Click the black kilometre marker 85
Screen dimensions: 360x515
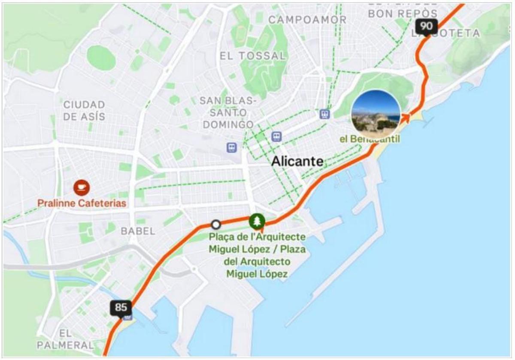point(121,308)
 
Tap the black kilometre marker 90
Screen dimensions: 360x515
point(426,27)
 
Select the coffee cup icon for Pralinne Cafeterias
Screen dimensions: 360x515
point(82,188)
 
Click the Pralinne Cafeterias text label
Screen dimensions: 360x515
point(82,203)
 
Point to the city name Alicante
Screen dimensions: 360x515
point(297,161)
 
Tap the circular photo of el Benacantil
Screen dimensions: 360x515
point(376,114)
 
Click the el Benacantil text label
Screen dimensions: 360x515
point(370,139)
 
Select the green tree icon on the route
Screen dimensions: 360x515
point(257,221)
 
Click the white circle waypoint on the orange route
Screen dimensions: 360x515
point(216,224)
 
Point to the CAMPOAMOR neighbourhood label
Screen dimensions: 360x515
point(307,20)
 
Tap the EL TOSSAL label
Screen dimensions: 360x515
point(252,56)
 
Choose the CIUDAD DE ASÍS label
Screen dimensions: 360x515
point(84,110)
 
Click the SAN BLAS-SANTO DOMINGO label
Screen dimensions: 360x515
point(228,112)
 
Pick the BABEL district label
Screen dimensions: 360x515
point(138,231)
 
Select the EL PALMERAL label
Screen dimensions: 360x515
point(65,339)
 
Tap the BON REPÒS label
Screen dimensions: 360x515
point(403,13)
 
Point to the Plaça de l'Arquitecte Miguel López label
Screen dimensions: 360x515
point(257,255)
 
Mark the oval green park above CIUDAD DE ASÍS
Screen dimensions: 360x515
point(101,58)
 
